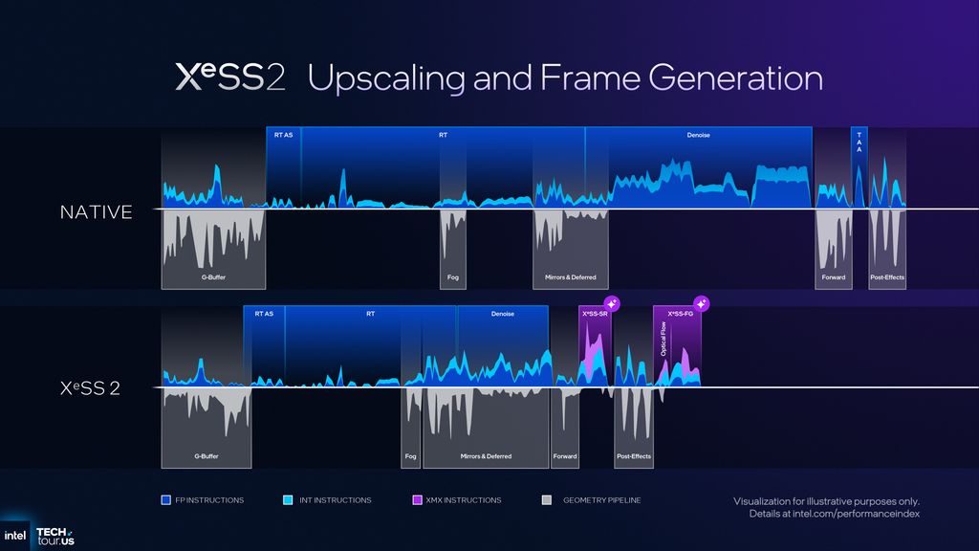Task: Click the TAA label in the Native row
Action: tap(859, 143)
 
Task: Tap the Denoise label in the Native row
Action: tap(698, 135)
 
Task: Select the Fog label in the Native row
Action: tap(453, 277)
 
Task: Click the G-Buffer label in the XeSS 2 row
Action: tap(206, 456)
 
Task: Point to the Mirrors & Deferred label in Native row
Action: tap(570, 277)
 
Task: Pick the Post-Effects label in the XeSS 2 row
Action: tap(633, 456)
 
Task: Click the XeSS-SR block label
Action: tap(595, 314)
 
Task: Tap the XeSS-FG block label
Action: tap(680, 314)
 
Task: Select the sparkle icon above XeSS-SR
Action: tap(613, 304)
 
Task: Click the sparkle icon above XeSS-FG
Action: tap(701, 304)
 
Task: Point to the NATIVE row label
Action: tap(96, 212)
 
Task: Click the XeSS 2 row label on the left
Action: tap(90, 389)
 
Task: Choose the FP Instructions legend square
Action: tap(166, 499)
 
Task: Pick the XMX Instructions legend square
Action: tap(417, 499)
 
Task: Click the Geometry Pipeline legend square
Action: tap(546, 499)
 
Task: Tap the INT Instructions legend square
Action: tap(289, 499)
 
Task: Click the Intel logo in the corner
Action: tap(15, 537)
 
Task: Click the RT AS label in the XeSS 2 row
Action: tap(264, 314)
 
